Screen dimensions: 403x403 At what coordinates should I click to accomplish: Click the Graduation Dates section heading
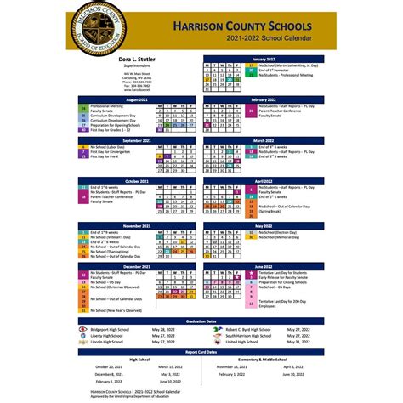click(201, 321)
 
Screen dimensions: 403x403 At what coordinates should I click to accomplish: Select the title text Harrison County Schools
click(242, 27)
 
